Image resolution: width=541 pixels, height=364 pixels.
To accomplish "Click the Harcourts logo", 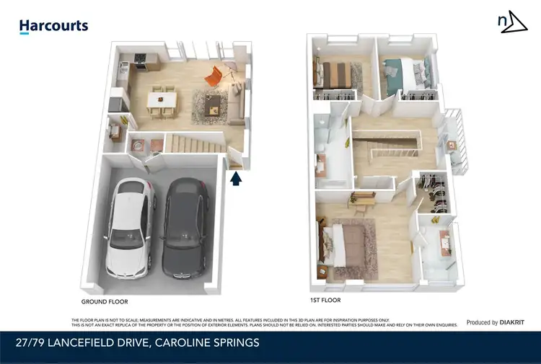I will [x=53, y=26].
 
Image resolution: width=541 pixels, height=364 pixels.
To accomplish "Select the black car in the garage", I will [x=186, y=228].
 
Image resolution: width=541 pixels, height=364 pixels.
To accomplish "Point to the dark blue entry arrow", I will [x=237, y=177].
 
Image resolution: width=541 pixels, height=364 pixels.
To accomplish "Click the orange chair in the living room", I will [x=214, y=75].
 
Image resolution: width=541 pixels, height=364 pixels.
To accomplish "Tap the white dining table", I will [x=162, y=100].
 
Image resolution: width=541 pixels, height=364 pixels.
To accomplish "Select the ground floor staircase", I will [x=195, y=144].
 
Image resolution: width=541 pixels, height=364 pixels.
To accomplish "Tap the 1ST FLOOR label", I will [x=324, y=300].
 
